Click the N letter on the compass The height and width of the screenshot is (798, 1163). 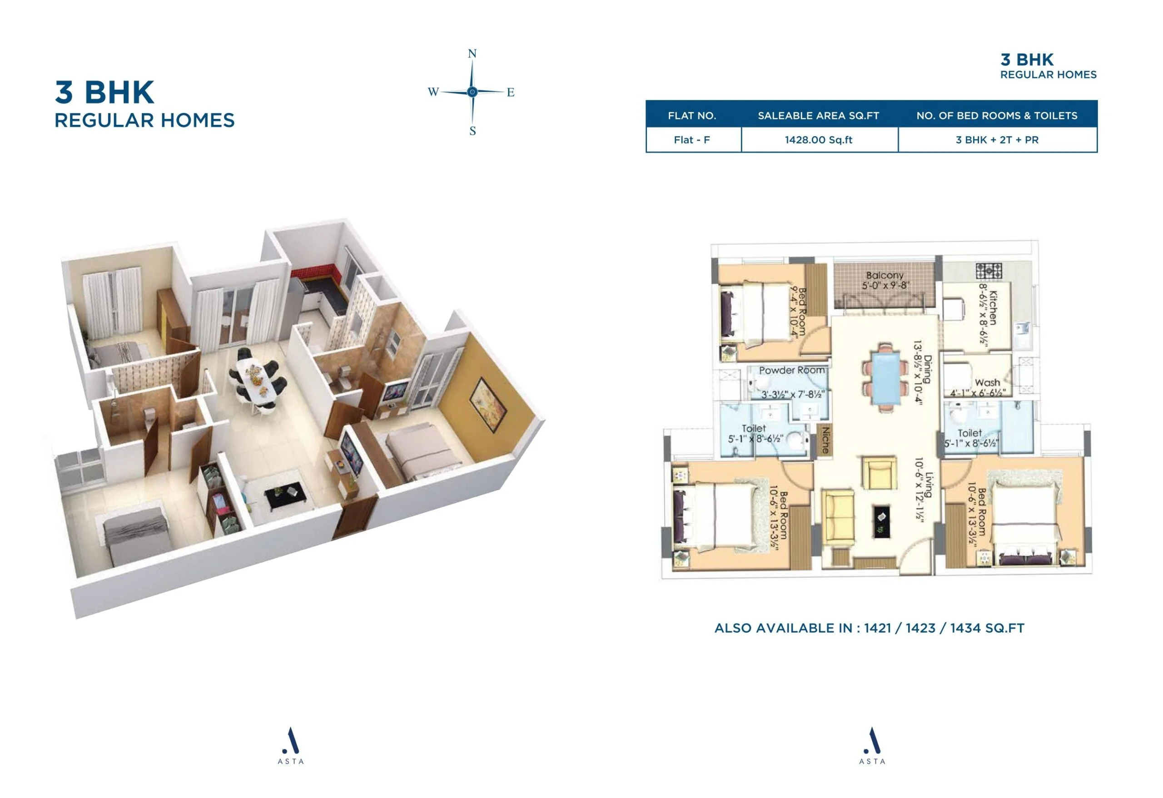pos(472,54)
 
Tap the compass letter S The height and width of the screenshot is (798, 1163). pos(472,131)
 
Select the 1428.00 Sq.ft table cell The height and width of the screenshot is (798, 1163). pos(818,140)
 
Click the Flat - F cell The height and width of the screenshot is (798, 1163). pos(691,140)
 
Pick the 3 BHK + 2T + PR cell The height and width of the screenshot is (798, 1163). pos(997,140)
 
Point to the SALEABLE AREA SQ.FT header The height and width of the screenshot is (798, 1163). pos(818,115)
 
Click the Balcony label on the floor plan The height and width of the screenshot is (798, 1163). pos(885,275)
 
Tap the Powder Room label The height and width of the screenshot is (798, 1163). pos(792,370)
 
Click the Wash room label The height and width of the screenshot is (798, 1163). pos(987,382)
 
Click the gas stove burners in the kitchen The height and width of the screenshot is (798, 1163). pos(989,271)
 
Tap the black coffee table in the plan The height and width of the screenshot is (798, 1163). pos(882,521)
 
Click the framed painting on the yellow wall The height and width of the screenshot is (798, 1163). pos(488,404)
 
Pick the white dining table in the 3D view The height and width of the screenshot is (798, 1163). pos(258,381)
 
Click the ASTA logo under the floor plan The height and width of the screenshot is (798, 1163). pos(872,745)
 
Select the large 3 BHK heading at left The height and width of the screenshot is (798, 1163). pos(104,92)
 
